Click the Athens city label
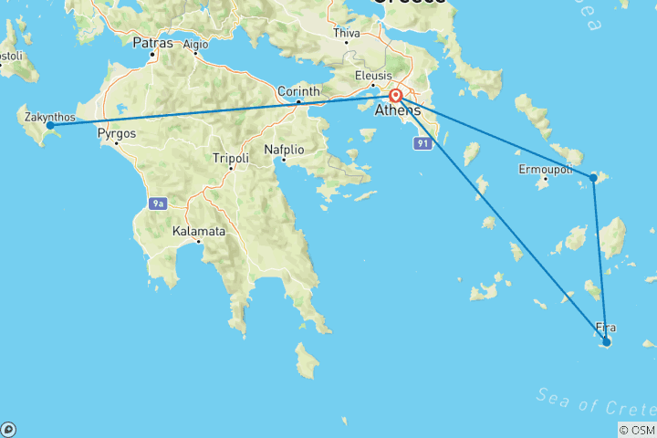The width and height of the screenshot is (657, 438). (x=398, y=111)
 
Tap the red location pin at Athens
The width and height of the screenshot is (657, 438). (x=396, y=96)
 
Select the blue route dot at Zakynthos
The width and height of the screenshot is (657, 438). (x=50, y=125)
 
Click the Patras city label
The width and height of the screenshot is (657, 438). (x=151, y=42)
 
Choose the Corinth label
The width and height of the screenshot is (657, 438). (x=298, y=91)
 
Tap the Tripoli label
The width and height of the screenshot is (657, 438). (x=230, y=158)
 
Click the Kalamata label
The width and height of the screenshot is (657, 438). (x=199, y=231)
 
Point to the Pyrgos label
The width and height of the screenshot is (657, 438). (x=117, y=132)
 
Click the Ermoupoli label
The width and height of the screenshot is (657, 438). (x=546, y=171)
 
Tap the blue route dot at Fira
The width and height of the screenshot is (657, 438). (x=606, y=342)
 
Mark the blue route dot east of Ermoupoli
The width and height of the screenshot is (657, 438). (x=594, y=177)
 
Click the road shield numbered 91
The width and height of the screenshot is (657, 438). (x=422, y=144)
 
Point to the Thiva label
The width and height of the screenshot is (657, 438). (x=348, y=33)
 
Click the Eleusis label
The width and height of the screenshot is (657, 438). (x=374, y=76)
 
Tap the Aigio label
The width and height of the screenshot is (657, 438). (x=195, y=43)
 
